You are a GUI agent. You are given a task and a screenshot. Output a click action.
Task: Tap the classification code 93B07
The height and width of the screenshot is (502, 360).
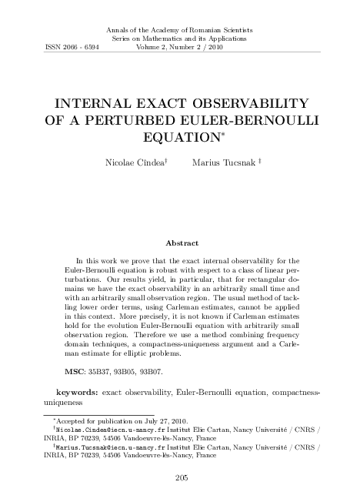click(x=174, y=370)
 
